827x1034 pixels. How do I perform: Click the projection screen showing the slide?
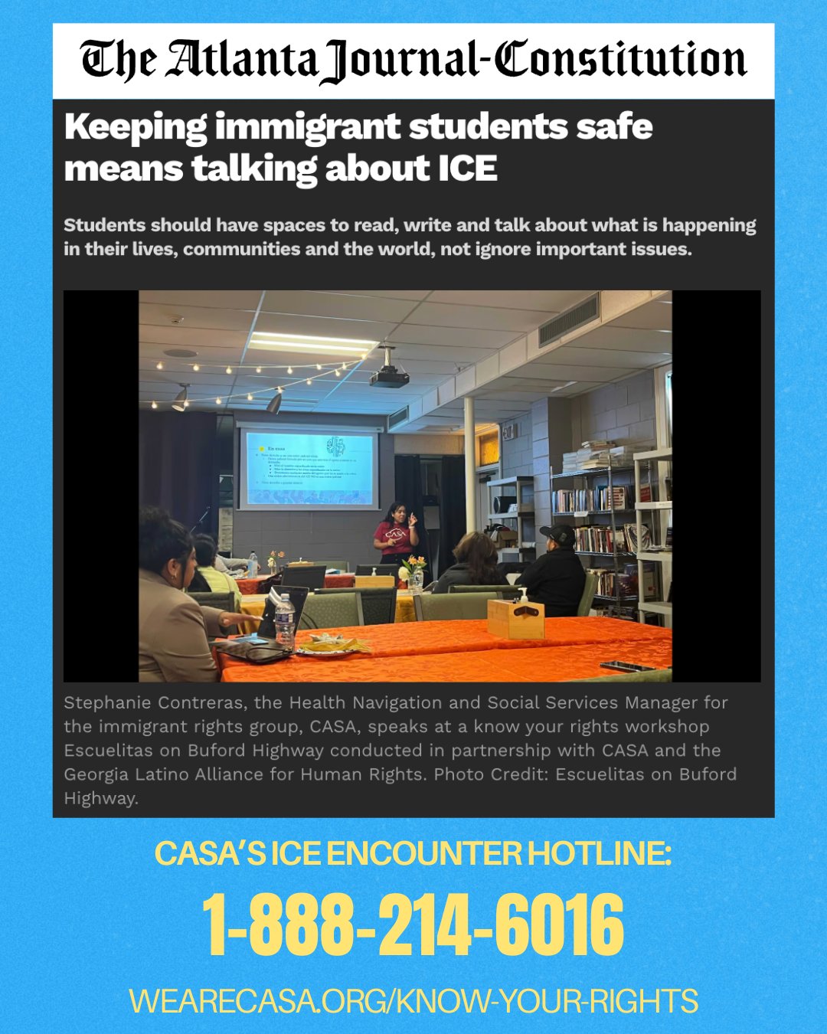point(309,468)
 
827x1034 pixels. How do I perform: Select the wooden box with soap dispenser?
point(515,616)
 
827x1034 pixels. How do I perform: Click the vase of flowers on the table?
point(414,574)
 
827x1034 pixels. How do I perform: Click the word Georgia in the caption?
point(96,774)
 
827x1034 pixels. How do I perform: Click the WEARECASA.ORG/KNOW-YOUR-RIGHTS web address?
point(413,1001)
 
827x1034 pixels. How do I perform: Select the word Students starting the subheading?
point(105,225)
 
